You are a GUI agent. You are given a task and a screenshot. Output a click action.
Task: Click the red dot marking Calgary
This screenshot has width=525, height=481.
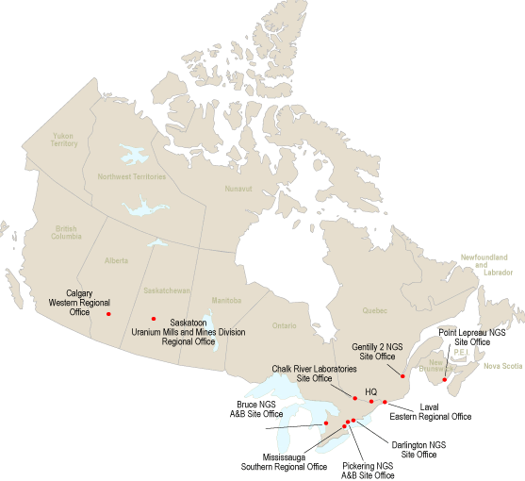109,313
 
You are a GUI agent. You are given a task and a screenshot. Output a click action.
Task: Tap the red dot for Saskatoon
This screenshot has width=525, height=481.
154,319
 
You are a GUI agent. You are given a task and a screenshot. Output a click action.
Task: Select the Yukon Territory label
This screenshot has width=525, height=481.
64,140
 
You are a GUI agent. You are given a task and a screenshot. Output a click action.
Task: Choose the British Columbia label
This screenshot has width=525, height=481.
66,233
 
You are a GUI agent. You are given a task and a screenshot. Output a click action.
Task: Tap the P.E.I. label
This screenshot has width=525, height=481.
461,353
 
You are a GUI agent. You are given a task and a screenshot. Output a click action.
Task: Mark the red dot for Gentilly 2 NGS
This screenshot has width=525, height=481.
402,375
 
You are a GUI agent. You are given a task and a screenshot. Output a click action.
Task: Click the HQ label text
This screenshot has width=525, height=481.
370,391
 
